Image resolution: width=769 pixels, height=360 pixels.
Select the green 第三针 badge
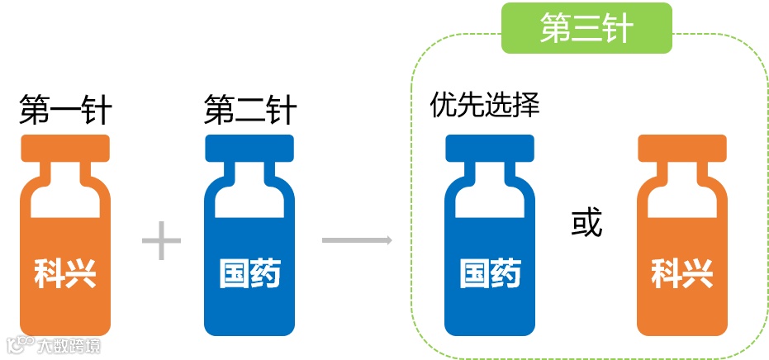click(586, 29)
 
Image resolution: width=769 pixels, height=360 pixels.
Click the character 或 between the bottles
click(587, 223)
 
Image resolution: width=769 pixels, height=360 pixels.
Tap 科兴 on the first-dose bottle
click(65, 273)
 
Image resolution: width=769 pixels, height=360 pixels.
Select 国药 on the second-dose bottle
click(250, 273)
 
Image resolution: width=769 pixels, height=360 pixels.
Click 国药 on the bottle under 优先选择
click(491, 273)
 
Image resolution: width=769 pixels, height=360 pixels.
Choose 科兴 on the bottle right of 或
click(682, 273)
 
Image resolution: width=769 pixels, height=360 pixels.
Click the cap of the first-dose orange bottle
click(65, 147)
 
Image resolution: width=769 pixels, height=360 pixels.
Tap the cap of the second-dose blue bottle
click(250, 147)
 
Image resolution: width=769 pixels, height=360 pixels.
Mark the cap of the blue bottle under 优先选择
click(491, 147)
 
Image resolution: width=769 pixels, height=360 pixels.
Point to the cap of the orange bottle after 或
click(682, 147)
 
